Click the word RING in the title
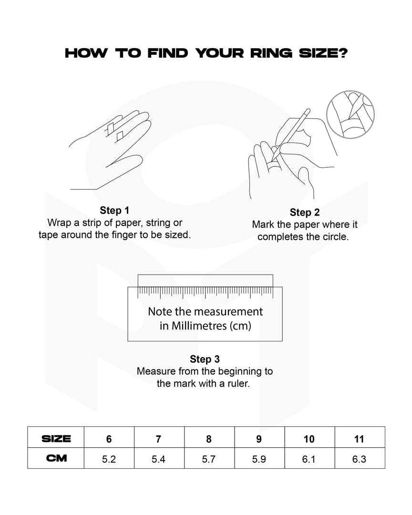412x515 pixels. coord(271,53)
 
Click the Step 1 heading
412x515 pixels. coord(114,210)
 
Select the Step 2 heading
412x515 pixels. coord(305,212)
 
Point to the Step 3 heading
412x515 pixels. coord(205,359)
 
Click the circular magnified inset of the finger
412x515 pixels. coord(350,114)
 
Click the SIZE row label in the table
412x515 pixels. coord(56,439)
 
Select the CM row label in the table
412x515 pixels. coord(57,458)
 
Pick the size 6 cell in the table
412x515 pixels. coord(109,437)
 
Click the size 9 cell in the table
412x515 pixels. coord(259,437)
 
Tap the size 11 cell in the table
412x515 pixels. coord(360,437)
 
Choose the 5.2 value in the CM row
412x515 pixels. coord(109,459)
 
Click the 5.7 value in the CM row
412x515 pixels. coord(209,459)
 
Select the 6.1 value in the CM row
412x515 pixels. coord(309,459)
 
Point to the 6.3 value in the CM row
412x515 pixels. coord(359,459)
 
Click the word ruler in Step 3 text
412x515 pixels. coord(239,383)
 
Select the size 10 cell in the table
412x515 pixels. coord(309,437)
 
